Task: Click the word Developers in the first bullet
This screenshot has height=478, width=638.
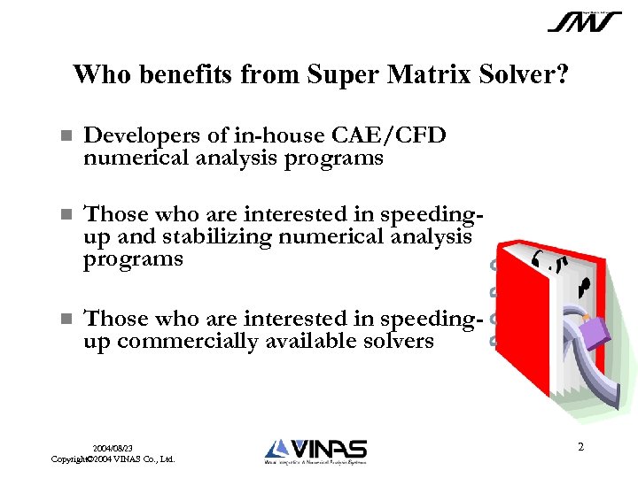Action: pos(137,135)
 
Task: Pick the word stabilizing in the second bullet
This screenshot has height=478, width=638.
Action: pos(232,237)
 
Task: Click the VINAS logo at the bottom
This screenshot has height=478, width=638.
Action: pos(315,451)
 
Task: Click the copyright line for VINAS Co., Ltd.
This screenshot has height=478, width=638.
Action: pos(113,459)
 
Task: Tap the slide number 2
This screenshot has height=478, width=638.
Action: pos(580,447)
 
